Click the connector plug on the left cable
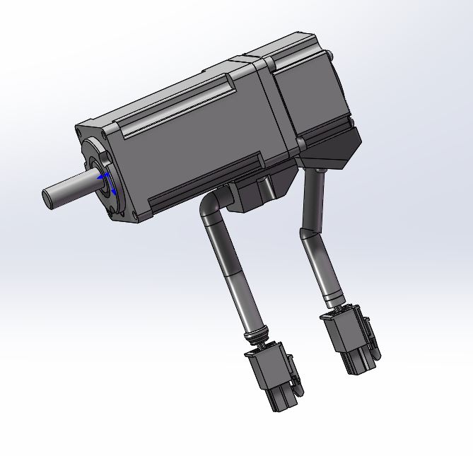(x=272, y=378)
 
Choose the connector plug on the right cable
(x=350, y=339)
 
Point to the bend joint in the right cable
(x=310, y=230)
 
